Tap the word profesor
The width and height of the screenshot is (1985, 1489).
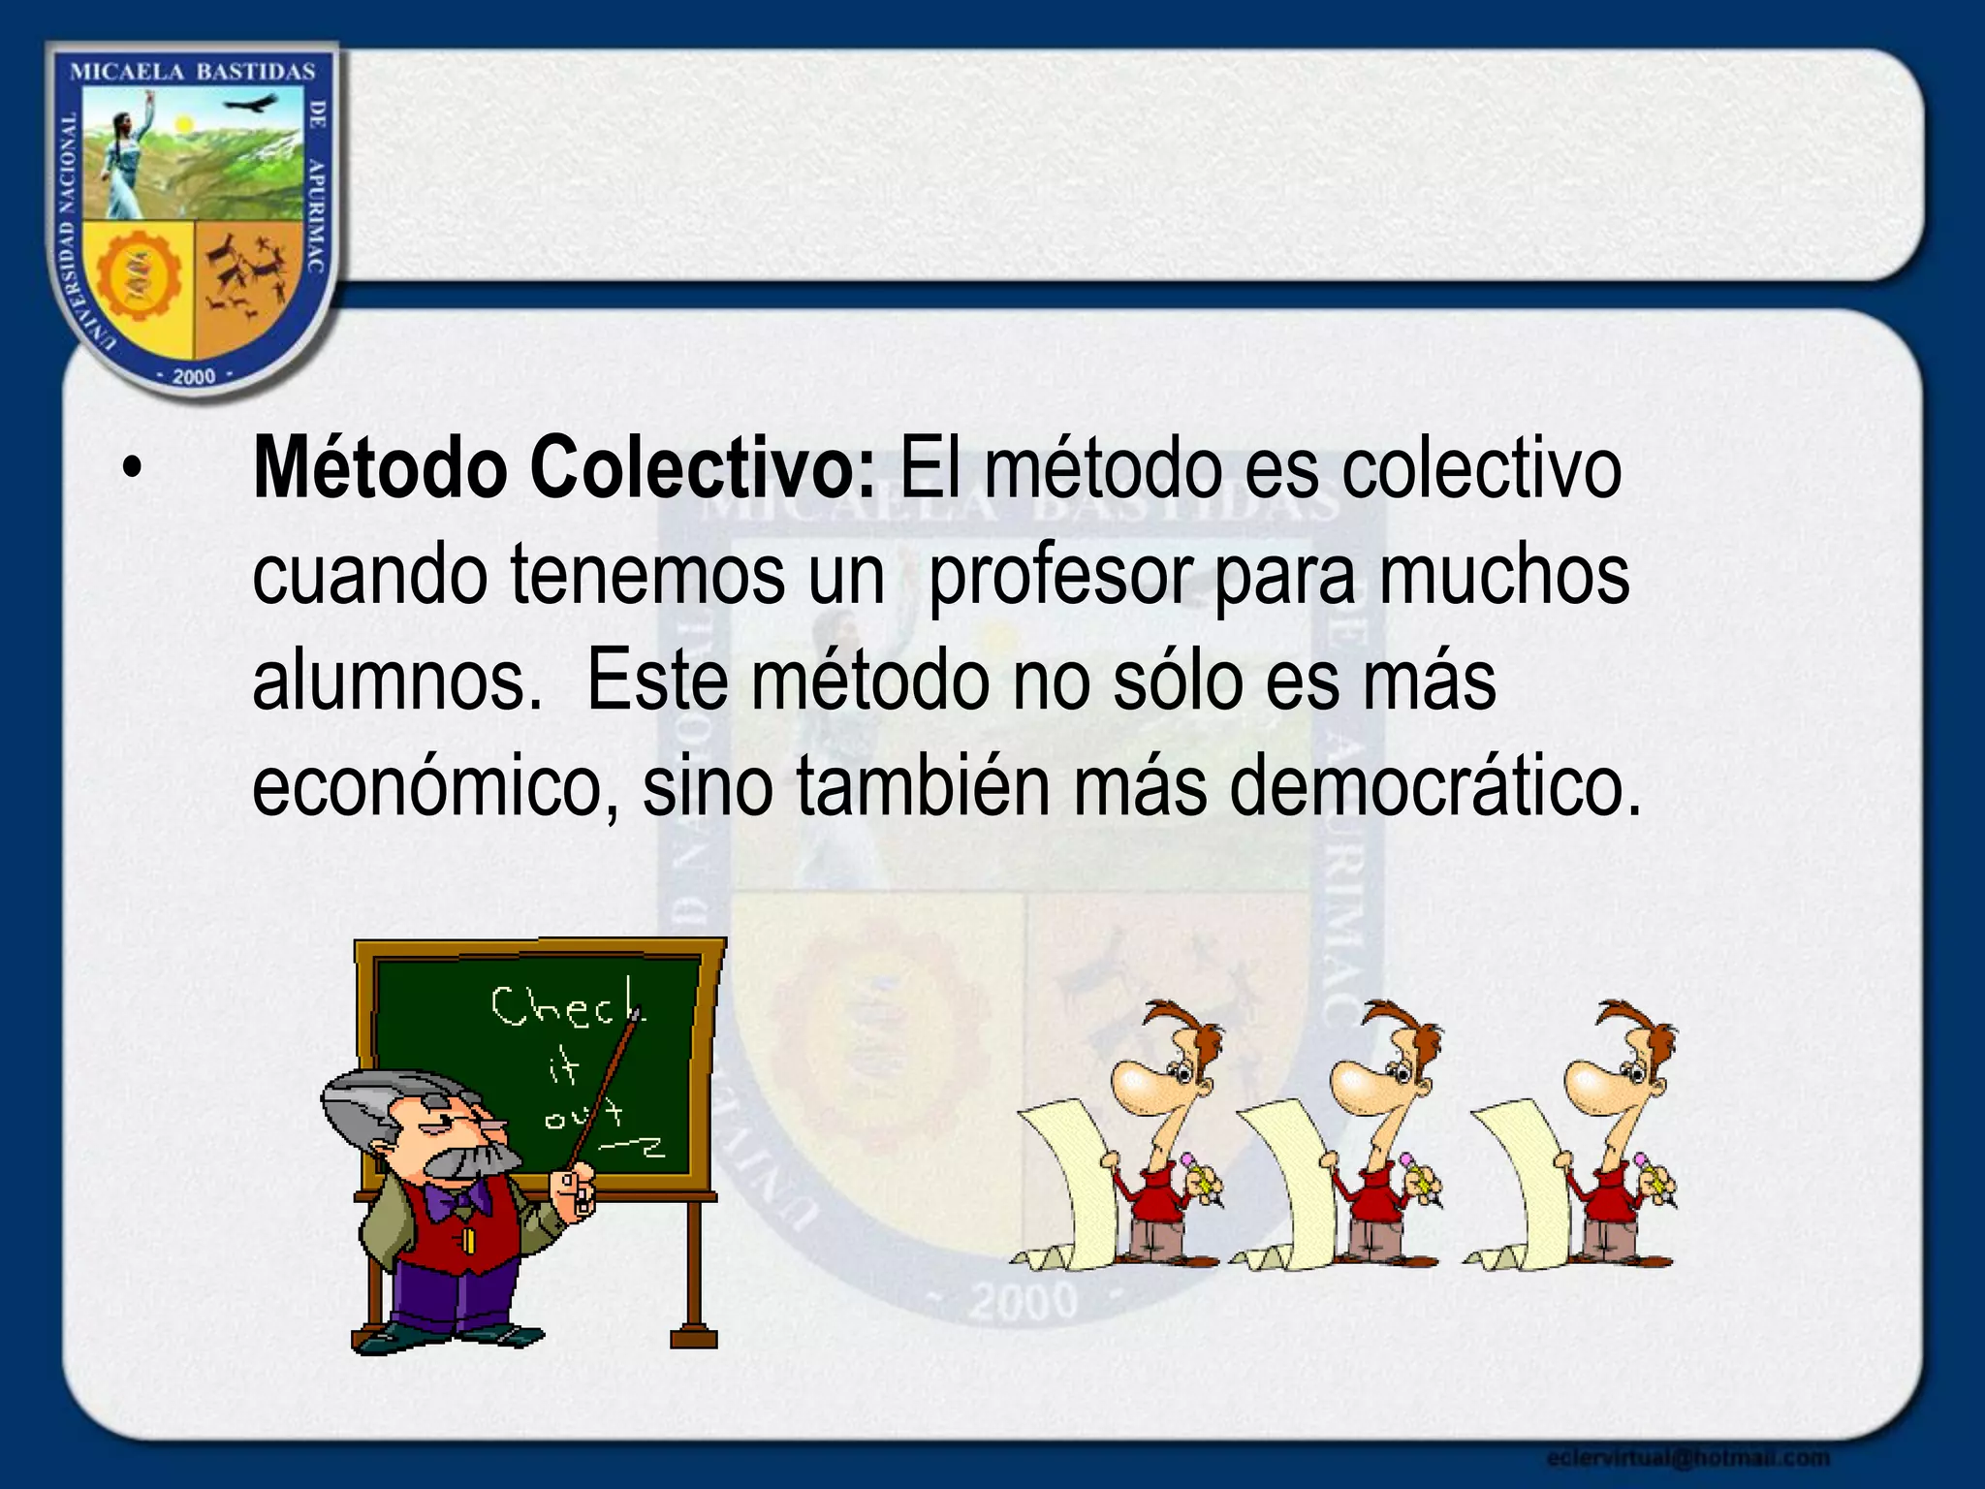tap(1060, 576)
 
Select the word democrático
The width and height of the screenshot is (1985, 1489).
tap(1434, 787)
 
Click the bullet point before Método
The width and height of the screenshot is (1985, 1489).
tap(132, 470)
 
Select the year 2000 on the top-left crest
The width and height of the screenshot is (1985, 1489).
tap(194, 376)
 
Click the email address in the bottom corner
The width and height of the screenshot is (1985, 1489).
tap(1687, 1457)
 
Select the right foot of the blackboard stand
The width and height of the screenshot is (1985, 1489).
tap(694, 1335)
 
